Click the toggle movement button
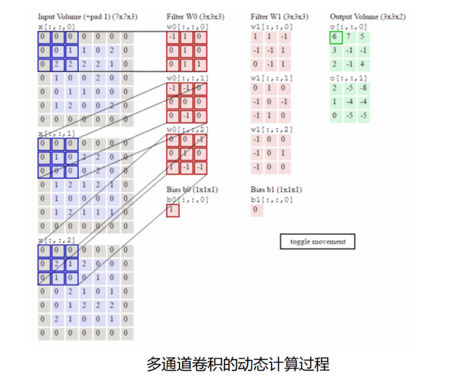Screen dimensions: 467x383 (318, 242)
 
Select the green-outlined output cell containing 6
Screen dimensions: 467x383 (336, 37)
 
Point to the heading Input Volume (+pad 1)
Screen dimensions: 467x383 (88, 17)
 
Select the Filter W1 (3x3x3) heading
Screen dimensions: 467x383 (279, 17)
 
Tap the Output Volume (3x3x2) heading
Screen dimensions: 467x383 (367, 17)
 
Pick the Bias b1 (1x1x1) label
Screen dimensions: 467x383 (276, 189)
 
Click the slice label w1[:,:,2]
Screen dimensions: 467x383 (272, 130)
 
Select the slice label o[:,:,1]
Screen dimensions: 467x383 (349, 78)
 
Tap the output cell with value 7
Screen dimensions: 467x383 (350, 37)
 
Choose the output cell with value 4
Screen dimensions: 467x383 (363, 64)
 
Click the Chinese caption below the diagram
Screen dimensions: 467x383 (238, 364)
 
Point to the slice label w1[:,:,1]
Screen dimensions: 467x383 (272, 78)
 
